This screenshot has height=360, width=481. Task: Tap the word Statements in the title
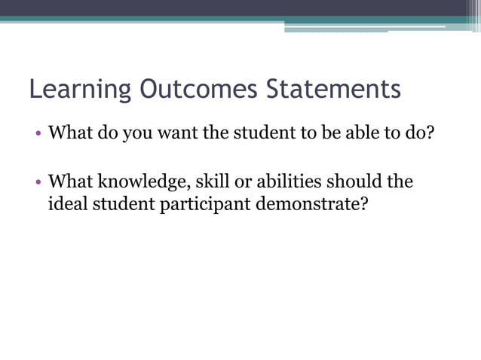coord(334,89)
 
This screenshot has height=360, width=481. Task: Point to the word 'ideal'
coord(67,203)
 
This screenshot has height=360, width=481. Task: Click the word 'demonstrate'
coord(305,203)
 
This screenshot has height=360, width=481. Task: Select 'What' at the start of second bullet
coord(70,182)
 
